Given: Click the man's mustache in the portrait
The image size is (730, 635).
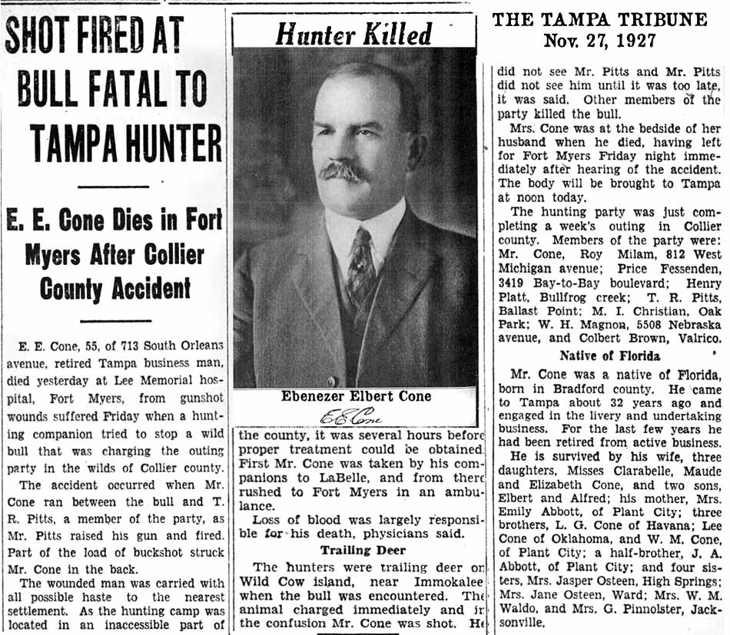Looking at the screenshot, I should [x=343, y=170].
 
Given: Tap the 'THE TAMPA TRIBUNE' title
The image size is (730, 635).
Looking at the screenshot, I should [x=599, y=19].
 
